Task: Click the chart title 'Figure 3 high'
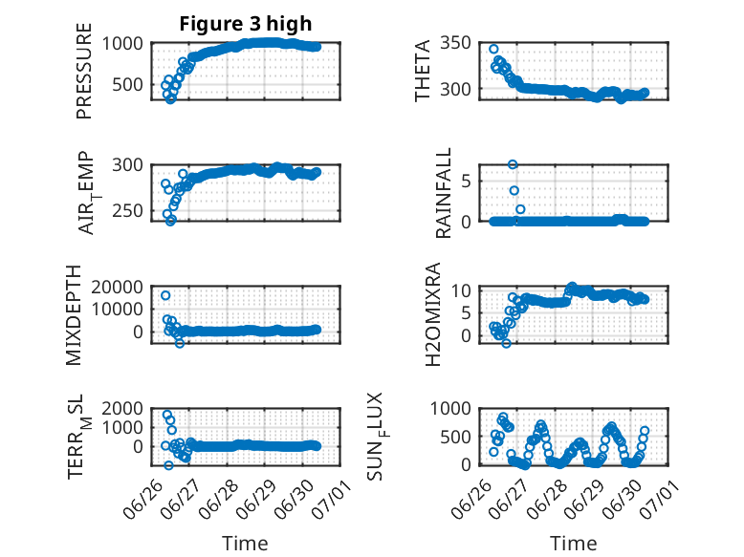[x=246, y=24]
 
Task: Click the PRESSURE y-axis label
[x=83, y=71]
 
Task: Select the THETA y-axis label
[x=422, y=71]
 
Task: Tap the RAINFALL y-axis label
[x=442, y=193]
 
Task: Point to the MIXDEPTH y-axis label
[x=74, y=315]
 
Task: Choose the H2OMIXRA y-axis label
[x=433, y=314]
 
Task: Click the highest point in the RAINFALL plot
[x=513, y=164]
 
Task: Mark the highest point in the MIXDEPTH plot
[x=165, y=295]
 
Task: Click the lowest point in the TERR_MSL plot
[x=168, y=465]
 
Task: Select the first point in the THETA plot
[x=493, y=49]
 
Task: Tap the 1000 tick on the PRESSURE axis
[x=122, y=44]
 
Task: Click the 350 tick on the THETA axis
[x=455, y=43]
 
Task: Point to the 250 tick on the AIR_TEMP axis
[x=127, y=211]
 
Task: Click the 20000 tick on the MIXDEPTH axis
[x=118, y=287]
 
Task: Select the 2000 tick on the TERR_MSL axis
[x=122, y=408]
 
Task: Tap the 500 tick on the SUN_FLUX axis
[x=455, y=437]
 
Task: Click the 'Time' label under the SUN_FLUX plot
[x=573, y=544]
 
